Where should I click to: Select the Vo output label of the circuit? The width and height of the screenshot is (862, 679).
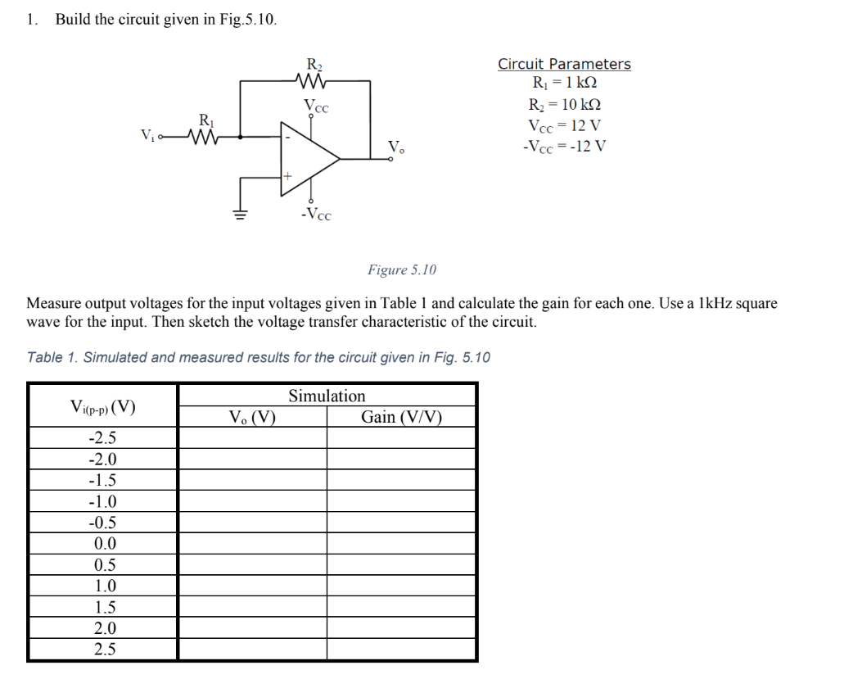coord(395,148)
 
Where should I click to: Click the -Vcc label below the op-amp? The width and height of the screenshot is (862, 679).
coord(316,215)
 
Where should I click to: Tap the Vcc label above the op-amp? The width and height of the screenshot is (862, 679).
coord(318,105)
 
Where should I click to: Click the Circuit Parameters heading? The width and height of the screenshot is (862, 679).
coord(564,64)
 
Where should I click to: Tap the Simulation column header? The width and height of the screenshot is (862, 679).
coord(327,396)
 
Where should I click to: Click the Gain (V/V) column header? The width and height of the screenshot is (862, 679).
coord(401,417)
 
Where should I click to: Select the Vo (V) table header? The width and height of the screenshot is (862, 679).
coord(252,417)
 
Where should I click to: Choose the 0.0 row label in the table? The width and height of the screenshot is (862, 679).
coord(105,544)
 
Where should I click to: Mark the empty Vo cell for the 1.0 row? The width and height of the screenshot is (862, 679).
coord(252,586)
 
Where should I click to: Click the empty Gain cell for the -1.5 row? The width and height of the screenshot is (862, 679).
coord(401,480)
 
